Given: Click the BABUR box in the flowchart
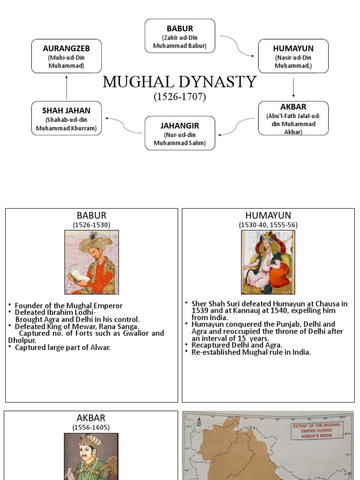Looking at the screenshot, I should coord(180,36).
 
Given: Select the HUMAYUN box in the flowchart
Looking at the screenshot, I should coord(293,56).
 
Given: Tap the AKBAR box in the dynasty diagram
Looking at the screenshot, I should coord(293,118).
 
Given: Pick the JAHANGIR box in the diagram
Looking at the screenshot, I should coord(180,133).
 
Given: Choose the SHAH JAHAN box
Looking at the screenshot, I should coord(66,118).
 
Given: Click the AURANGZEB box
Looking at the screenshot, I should coord(66,56).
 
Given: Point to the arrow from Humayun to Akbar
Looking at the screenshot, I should coord(293,87).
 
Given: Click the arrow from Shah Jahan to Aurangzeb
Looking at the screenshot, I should coord(66,87).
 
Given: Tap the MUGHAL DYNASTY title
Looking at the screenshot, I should coord(180,82).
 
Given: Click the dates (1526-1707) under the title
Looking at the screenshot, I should coord(180,97).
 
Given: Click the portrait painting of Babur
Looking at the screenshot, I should coord(91,262).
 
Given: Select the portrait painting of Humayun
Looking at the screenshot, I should coord(268,262).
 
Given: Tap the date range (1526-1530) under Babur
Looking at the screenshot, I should coord(91,225).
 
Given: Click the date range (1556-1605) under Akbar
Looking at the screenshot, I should coord(91,427).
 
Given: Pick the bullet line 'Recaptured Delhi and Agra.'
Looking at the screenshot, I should coord(237,345).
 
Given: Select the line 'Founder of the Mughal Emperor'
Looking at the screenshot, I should coord(68,306).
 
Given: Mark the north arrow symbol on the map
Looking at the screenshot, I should coord(199,420).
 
